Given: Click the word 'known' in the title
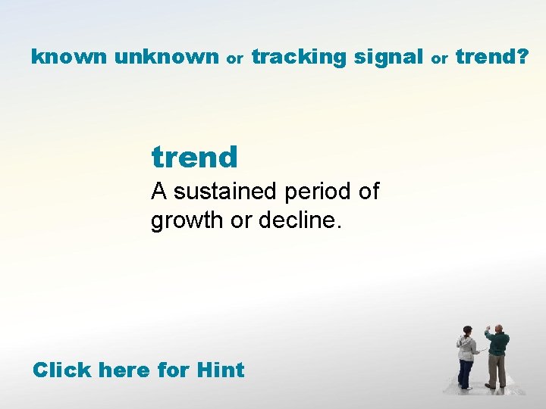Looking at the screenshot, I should tap(70, 57).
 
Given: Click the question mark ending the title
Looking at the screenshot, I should tap(523, 57).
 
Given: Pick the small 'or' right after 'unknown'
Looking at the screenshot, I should tap(235, 58).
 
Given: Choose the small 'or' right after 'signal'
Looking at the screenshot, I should tap(439, 58).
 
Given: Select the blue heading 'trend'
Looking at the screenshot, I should tap(195, 158).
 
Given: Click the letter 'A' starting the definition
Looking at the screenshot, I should tap(158, 192).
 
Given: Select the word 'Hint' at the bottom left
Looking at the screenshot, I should tap(220, 370).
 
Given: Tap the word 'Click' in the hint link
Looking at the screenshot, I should tap(61, 370).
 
